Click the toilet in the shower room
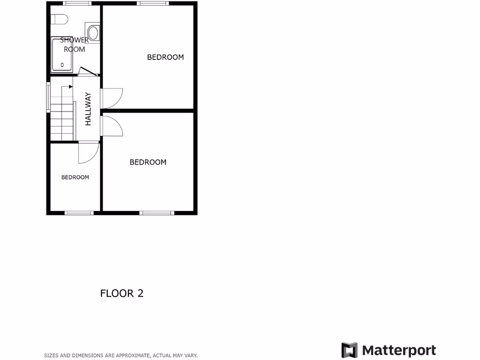[x=60, y=19]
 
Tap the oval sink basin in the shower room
[x=93, y=33]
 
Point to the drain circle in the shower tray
[x=62, y=65]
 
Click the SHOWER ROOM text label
[x=74, y=45]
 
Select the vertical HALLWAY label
[x=88, y=109]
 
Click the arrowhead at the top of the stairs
[x=70, y=86]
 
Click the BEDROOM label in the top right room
[x=165, y=57]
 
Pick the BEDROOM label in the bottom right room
[x=148, y=162]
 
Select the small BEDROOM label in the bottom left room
[x=75, y=177]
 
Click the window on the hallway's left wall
[x=48, y=97]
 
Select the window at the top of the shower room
[x=77, y=3]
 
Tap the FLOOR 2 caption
[x=122, y=293]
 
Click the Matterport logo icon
[x=349, y=350]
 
